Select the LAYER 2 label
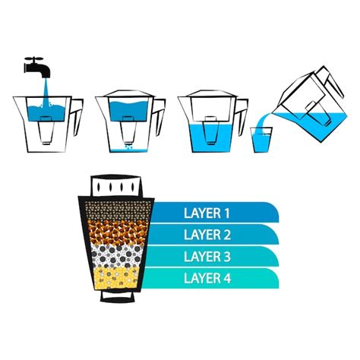point(207,235)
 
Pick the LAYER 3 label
point(207,257)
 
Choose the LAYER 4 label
point(207,279)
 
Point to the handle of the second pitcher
point(156,112)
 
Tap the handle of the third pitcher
point(241,112)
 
